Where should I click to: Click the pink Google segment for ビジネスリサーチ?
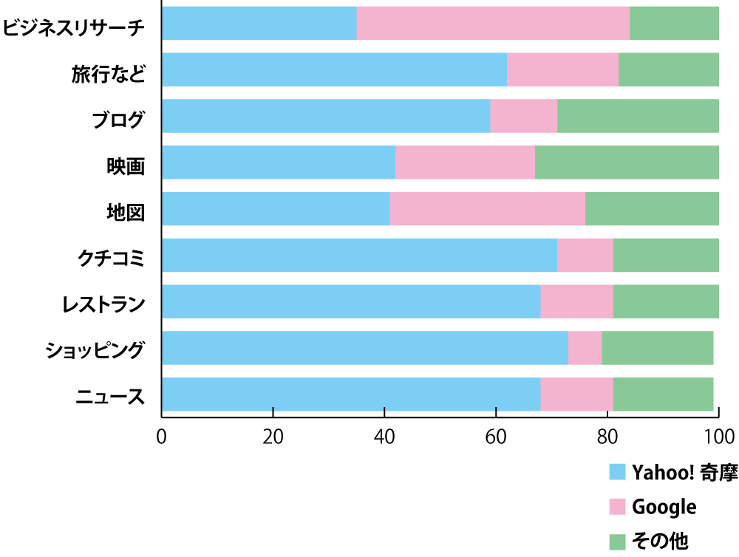coord(493,23)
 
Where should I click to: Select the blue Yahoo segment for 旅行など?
coord(334,69)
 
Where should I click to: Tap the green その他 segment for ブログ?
coord(638,116)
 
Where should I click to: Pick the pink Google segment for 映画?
coord(465,163)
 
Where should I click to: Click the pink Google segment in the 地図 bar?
coord(487,209)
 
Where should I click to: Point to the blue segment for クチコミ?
coord(359,256)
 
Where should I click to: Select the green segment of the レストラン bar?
coord(666,301)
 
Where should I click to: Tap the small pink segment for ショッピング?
coord(585,348)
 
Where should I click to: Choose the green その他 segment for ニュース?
coord(663,394)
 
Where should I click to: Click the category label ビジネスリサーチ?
coord(73,27)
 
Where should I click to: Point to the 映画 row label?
coord(125,165)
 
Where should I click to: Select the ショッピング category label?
coord(94,350)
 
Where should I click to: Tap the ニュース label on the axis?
coord(110,397)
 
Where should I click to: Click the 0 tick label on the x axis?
coord(161,436)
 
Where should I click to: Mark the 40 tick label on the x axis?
coord(384,436)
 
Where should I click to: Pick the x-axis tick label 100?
coord(719,436)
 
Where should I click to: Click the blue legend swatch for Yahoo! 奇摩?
coord(617,472)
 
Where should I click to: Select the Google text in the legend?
coord(664,507)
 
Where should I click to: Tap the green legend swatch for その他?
coord(617,541)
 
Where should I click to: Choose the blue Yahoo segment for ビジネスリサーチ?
coord(259,23)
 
